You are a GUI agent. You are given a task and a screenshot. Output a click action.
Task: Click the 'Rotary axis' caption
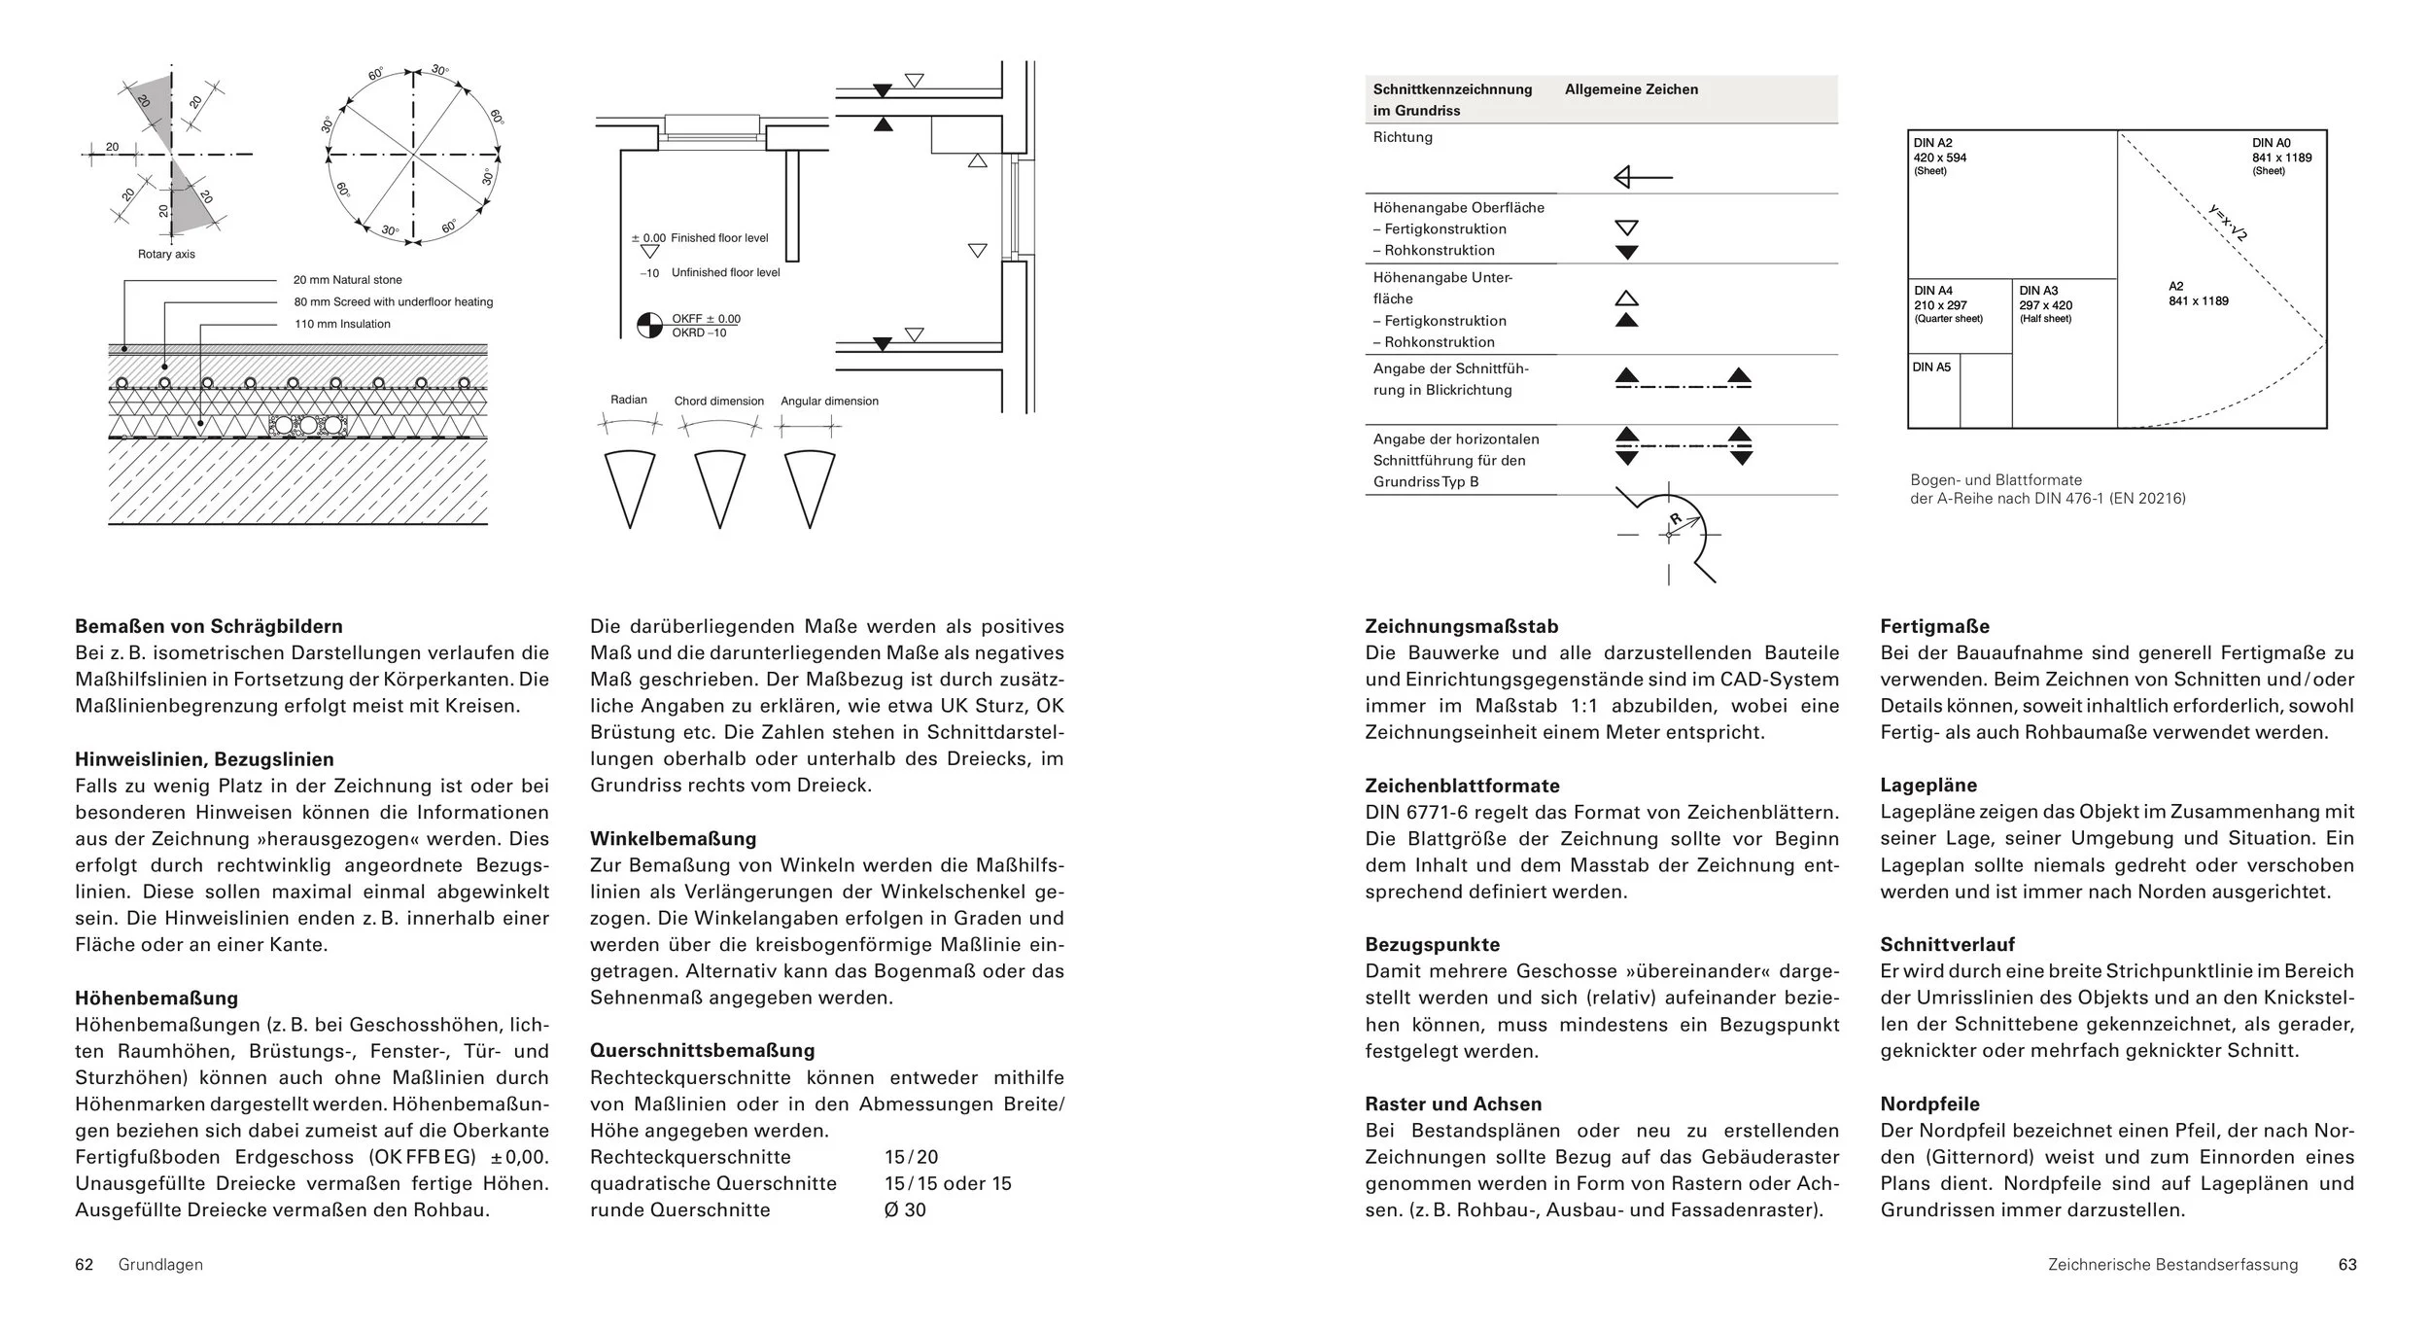166,255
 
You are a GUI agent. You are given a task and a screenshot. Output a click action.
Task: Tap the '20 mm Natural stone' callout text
347,280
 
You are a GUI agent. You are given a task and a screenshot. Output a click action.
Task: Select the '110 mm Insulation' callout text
342,324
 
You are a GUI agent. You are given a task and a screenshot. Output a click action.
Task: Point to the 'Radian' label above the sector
629,400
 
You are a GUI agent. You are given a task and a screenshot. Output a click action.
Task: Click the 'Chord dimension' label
719,401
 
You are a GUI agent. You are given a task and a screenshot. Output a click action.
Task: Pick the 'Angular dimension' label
829,401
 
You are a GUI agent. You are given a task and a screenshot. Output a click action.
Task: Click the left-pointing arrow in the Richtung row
1642,178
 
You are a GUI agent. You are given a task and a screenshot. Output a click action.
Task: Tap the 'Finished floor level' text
719,238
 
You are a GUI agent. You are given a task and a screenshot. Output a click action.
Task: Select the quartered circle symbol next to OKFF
649,326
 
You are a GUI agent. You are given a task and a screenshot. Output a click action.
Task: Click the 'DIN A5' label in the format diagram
1931,368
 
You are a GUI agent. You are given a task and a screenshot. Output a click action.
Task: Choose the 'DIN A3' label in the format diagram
2038,291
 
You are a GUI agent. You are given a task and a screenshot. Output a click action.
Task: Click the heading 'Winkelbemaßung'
673,838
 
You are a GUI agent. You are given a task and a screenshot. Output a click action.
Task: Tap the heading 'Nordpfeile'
1929,1103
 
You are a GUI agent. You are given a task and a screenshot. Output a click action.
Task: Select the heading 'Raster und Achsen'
1453,1103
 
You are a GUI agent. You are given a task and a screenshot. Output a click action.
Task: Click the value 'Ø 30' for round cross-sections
905,1210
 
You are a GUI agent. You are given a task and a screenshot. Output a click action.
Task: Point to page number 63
2347,1265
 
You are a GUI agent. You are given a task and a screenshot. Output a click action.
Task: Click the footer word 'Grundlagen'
160,1265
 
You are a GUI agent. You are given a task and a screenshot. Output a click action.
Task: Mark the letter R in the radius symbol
1676,519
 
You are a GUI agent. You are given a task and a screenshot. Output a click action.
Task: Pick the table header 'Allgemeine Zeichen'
1631,89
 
